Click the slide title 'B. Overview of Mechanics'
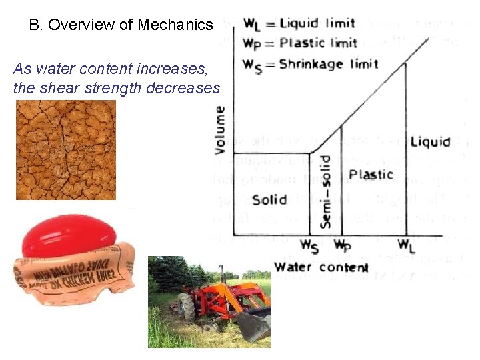point(121,25)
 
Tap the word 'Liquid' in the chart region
point(430,142)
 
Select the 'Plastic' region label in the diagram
point(371,175)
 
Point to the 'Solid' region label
point(269,199)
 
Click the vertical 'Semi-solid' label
point(325,192)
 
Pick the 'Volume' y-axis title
point(219,130)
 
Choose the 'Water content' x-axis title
point(321,267)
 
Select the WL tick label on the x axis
point(405,245)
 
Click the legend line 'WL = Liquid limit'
point(299,24)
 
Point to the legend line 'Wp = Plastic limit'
point(300,43)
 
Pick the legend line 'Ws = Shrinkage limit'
point(310,65)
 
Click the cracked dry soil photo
point(65,149)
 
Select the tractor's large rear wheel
point(187,308)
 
